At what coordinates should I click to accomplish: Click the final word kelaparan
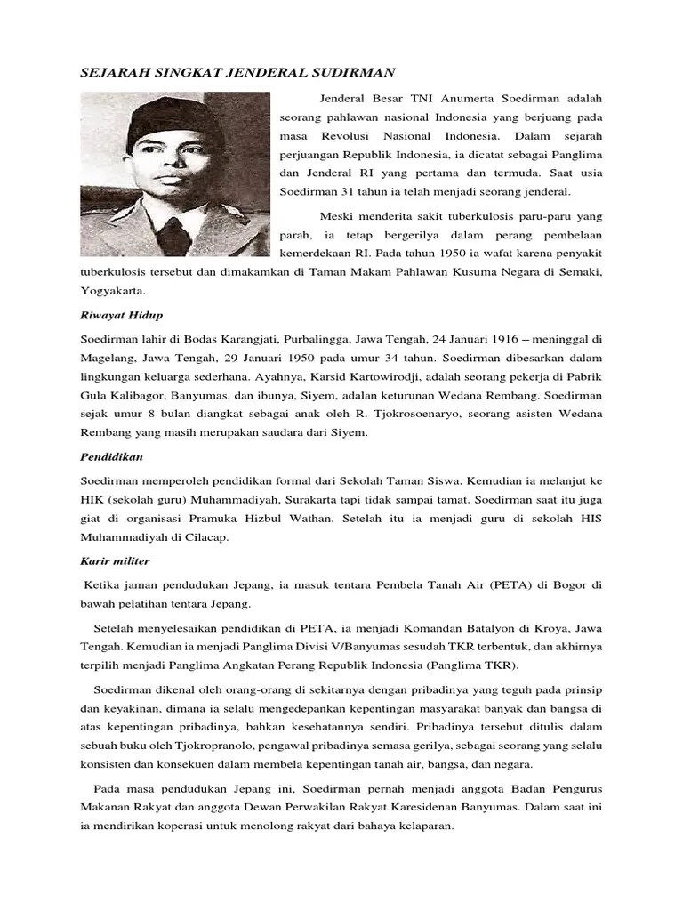coord(421,825)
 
